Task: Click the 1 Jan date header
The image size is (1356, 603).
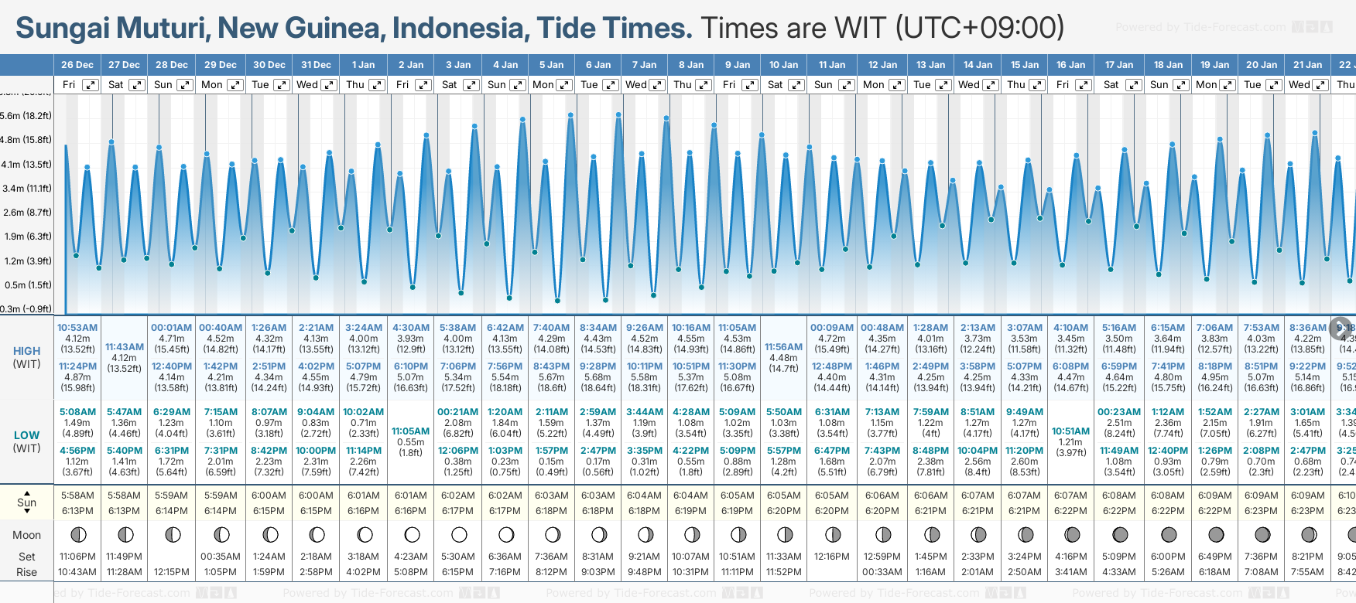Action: pyautogui.click(x=363, y=65)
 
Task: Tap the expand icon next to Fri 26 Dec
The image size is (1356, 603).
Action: pyautogui.click(x=91, y=85)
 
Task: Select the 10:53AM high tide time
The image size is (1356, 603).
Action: pyautogui.click(x=77, y=328)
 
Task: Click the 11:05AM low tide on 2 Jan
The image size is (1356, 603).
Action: pyautogui.click(x=410, y=431)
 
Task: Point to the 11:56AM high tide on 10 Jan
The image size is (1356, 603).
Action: pyautogui.click(x=783, y=347)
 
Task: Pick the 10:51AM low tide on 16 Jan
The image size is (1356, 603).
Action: pyautogui.click(x=1070, y=431)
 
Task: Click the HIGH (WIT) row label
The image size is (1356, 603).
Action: pyautogui.click(x=26, y=357)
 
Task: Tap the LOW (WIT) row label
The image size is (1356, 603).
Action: pyautogui.click(x=26, y=441)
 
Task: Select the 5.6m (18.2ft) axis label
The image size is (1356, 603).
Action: pyautogui.click(x=26, y=116)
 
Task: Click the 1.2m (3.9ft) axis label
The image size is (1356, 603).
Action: pyautogui.click(x=26, y=261)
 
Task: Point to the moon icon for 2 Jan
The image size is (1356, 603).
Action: pyautogui.click(x=412, y=534)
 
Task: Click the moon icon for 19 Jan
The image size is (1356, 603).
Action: pyautogui.click(x=1216, y=534)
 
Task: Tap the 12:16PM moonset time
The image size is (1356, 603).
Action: pyautogui.click(x=832, y=557)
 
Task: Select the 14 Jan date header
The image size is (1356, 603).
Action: pyautogui.click(x=978, y=65)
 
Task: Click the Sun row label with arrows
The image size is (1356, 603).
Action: pyautogui.click(x=26, y=502)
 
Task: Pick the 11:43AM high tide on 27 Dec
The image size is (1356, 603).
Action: pyautogui.click(x=125, y=347)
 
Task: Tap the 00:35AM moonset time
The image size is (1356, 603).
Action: pyautogui.click(x=220, y=557)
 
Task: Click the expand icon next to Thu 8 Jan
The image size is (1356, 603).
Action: pyautogui.click(x=703, y=85)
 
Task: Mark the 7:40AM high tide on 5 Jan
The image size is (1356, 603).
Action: pyautogui.click(x=551, y=328)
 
